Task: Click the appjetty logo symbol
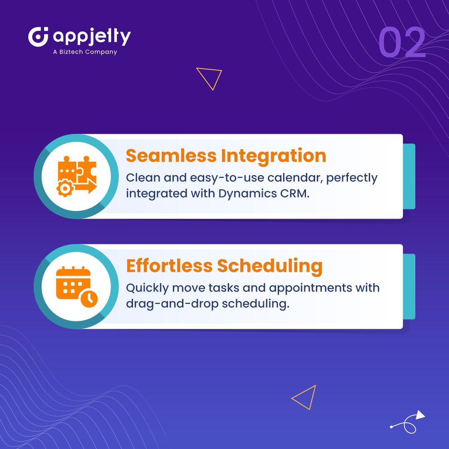[38, 37]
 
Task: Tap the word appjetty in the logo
[91, 37]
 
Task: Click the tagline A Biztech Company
[85, 52]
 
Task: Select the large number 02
[402, 43]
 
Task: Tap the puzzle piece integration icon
[76, 176]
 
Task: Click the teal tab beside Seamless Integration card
[409, 176]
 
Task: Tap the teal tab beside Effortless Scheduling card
[409, 286]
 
